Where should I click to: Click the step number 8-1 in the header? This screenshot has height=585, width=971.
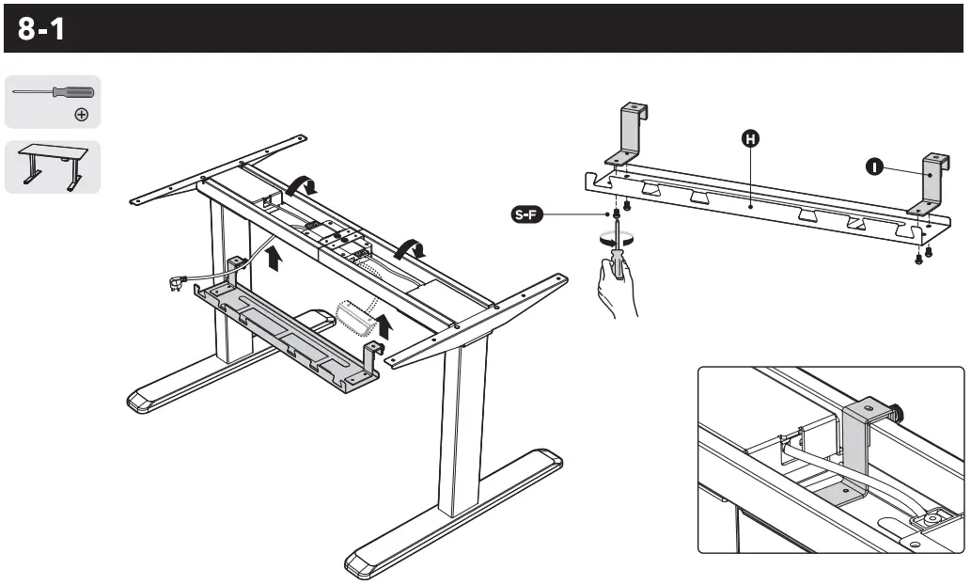41,29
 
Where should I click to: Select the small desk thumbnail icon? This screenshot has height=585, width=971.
53,167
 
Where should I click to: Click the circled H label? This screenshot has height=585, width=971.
749,139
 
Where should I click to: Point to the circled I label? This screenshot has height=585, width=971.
875,166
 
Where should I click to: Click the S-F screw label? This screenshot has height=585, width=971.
526,215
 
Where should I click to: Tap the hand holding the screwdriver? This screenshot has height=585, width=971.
617,287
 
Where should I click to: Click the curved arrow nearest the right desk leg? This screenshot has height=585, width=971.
409,248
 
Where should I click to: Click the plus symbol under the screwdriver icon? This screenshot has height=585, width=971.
82,115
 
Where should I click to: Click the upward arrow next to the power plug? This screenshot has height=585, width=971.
273,258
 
